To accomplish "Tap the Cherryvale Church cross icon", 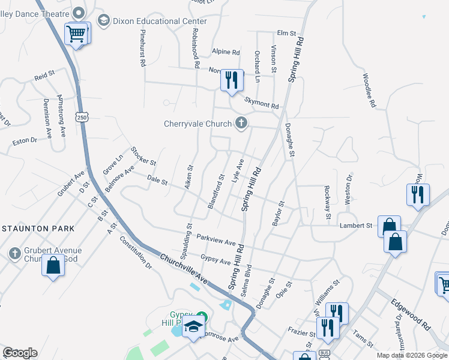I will point(241,124).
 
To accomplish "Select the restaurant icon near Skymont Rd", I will point(232,80).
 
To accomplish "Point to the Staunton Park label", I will point(38,229).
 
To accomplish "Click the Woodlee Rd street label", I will point(369,91).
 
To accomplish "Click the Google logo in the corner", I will point(20,353).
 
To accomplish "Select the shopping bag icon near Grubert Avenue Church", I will point(53,265).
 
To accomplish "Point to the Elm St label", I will point(287,33).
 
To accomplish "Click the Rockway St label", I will point(328,202).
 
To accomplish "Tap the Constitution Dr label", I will point(136,251).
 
